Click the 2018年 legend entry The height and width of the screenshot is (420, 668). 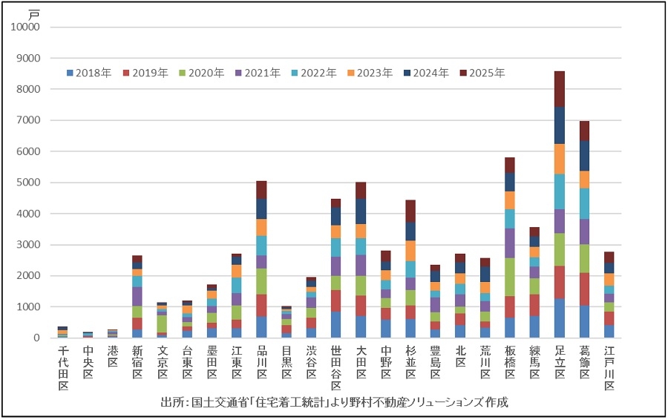[88, 73]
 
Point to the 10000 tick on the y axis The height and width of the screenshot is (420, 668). [29, 27]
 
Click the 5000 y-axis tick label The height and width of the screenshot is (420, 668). [32, 183]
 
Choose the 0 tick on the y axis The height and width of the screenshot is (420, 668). [43, 338]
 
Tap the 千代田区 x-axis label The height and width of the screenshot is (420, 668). [63, 369]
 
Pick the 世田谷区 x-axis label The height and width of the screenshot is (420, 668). [335, 369]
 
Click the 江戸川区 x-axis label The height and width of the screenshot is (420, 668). [609, 369]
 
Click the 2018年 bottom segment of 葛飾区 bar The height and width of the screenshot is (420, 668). [584, 322]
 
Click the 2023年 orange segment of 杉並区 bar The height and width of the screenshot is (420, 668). [409, 251]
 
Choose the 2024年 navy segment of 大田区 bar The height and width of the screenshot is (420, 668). [361, 211]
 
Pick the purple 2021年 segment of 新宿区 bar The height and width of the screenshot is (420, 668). [137, 296]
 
